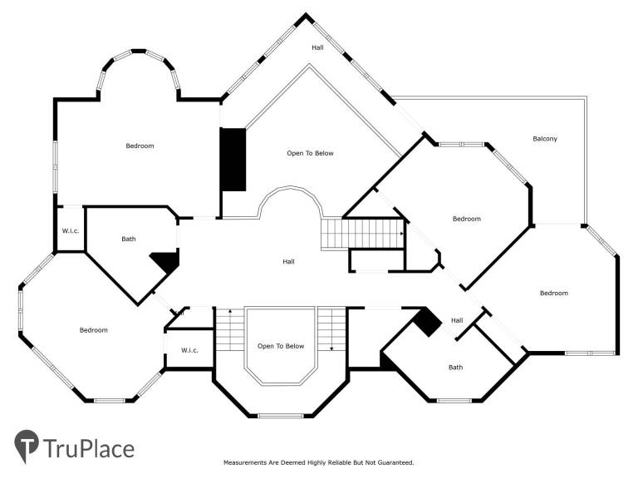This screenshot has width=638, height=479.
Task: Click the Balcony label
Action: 545,139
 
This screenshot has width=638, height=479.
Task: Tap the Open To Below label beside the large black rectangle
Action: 310,153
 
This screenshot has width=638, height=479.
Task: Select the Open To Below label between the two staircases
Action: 281,346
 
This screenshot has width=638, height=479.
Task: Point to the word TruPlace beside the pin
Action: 89,449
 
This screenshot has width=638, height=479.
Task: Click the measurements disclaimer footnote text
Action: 319,462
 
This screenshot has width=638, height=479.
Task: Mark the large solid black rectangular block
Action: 233,160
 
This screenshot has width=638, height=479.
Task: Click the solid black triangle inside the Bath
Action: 167,262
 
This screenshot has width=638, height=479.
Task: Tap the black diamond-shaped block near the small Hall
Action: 427,322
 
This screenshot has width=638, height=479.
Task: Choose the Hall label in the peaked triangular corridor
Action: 318,47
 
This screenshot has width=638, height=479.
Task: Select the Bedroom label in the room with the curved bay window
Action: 140,146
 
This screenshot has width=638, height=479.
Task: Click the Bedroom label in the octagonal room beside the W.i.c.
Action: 94,330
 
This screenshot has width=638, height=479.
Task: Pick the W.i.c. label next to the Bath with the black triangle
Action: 71,231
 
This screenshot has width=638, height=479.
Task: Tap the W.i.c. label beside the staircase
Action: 189,350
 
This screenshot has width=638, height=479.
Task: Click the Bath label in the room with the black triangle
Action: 129,239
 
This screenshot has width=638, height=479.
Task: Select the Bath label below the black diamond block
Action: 456,368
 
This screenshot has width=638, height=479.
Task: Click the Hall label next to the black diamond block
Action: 457,320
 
